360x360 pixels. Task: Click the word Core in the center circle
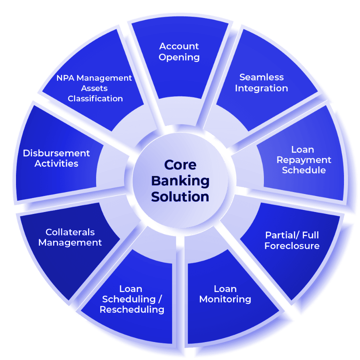pyautogui.click(x=180, y=165)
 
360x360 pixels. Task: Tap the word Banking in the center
pyautogui.click(x=180, y=181)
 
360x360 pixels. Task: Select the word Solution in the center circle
pyautogui.click(x=180, y=197)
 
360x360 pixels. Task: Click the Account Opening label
pyautogui.click(x=179, y=52)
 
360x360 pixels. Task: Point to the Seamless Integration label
pyautogui.click(x=261, y=83)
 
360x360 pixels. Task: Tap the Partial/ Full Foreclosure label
pyautogui.click(x=292, y=240)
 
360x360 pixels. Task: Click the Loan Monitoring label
pyautogui.click(x=225, y=294)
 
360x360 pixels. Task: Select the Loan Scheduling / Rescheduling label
pyautogui.click(x=131, y=299)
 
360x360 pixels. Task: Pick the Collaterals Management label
pyautogui.click(x=70, y=237)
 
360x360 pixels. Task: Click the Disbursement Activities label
pyautogui.click(x=56, y=158)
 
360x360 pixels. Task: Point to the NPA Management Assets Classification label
pyautogui.click(x=95, y=88)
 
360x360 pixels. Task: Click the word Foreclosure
pyautogui.click(x=292, y=246)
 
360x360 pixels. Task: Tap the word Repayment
pyautogui.click(x=304, y=160)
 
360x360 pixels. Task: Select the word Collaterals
pyautogui.click(x=70, y=232)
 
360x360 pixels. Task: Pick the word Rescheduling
pyautogui.click(x=132, y=310)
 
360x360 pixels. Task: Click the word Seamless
pyautogui.click(x=261, y=77)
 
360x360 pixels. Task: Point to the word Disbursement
pyautogui.click(x=56, y=153)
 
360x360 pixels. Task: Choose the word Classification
pyautogui.click(x=95, y=98)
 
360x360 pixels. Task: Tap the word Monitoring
pyautogui.click(x=225, y=299)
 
